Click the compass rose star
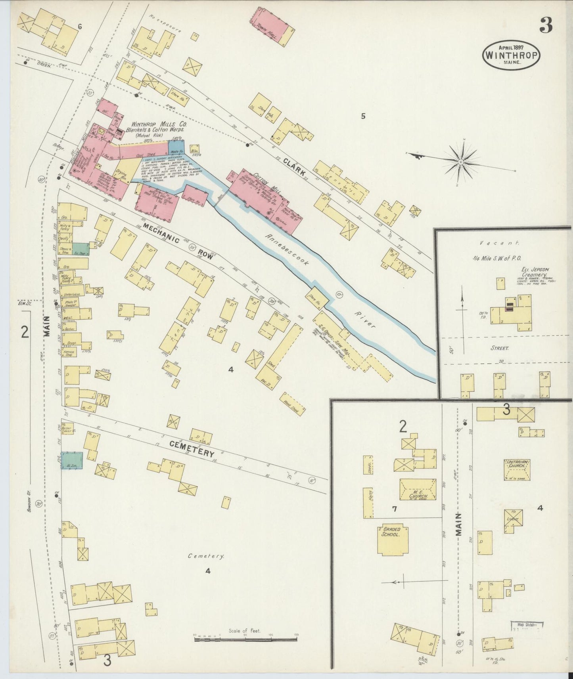pos(461,162)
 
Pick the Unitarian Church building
pos(517,470)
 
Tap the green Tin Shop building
pos(80,249)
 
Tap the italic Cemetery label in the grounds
pos(206,556)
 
